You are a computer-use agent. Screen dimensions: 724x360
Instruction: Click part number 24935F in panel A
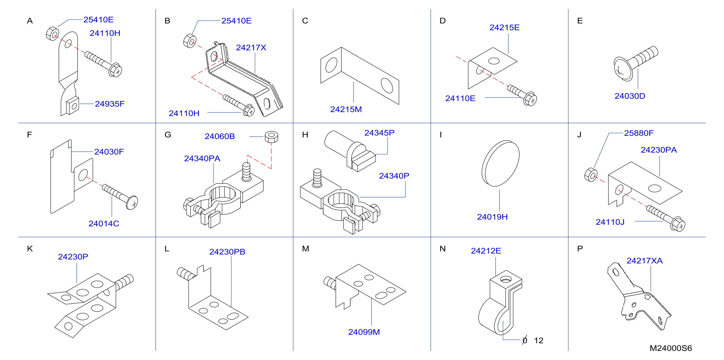click(110, 104)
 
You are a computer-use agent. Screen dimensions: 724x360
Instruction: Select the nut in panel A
click(53, 34)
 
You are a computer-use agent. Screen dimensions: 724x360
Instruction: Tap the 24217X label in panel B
click(251, 48)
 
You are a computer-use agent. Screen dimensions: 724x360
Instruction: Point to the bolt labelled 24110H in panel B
click(239, 106)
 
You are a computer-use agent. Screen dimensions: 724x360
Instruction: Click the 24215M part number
click(346, 109)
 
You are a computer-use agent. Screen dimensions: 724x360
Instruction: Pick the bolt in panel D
click(522, 95)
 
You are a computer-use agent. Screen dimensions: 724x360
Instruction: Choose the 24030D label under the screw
click(630, 96)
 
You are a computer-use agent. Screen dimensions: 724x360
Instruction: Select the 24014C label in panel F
click(104, 223)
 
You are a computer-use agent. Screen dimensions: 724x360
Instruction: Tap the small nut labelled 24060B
click(271, 137)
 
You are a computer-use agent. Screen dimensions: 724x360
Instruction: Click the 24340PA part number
click(202, 158)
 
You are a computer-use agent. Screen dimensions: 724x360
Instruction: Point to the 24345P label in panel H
click(379, 133)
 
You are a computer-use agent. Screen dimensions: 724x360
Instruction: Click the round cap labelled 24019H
click(500, 164)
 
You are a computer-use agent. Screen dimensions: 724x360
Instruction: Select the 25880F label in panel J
click(639, 133)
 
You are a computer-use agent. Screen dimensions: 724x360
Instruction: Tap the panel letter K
click(30, 249)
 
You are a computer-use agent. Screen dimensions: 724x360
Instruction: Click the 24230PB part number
click(227, 252)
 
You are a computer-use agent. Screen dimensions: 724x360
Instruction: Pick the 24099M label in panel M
click(364, 332)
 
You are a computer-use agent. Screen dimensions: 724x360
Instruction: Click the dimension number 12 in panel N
click(539, 340)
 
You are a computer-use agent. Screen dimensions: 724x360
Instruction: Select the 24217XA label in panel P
click(644, 261)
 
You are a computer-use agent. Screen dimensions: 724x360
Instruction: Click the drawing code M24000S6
click(671, 348)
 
